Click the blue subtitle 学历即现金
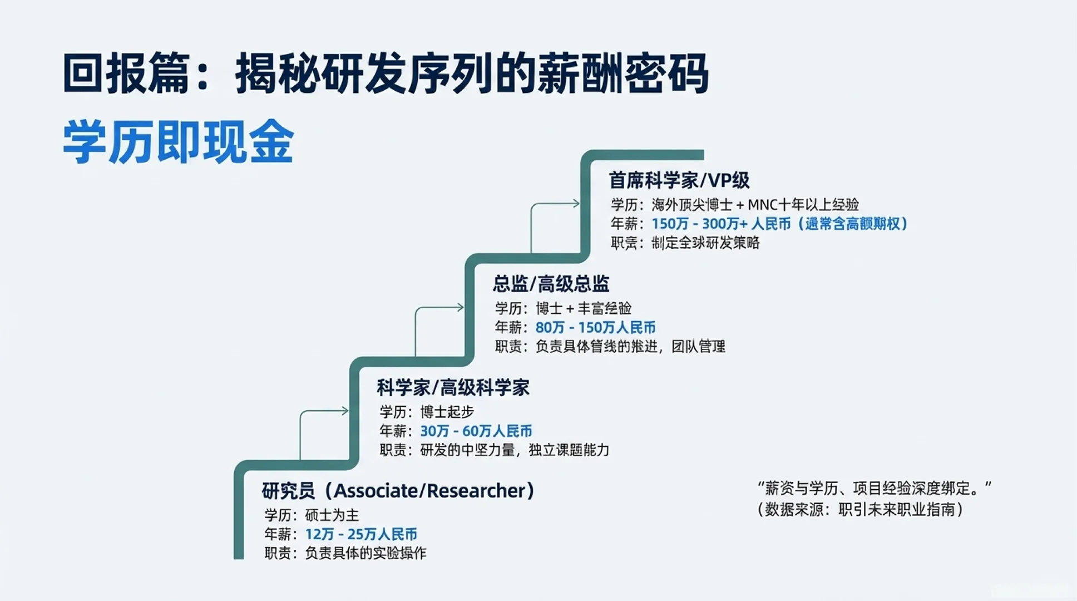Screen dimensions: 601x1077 [178, 142]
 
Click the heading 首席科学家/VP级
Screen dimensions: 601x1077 [679, 180]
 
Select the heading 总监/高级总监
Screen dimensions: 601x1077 [551, 284]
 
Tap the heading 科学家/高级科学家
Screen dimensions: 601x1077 [453, 387]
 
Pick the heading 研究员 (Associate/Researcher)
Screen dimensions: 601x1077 [398, 491]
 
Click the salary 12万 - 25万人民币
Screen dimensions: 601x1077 [361, 534]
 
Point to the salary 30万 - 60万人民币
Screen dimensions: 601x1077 [476, 431]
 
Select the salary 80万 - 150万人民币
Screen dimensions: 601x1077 [595, 327]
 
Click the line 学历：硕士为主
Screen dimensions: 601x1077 [312, 515]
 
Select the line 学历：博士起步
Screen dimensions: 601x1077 [427, 412]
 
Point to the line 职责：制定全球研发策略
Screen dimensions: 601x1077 [685, 243]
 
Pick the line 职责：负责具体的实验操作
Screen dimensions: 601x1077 [345, 553]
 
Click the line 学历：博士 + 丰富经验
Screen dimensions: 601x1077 [563, 308]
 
